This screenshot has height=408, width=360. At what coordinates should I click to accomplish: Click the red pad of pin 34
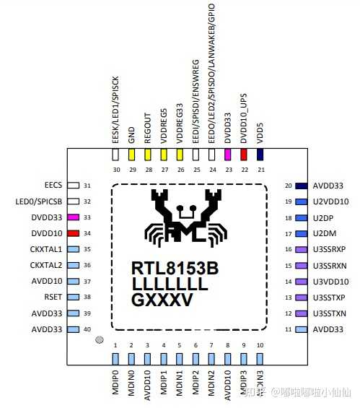74,233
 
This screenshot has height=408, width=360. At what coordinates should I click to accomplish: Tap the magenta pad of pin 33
74,217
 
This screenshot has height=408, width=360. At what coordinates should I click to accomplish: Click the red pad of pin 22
244,154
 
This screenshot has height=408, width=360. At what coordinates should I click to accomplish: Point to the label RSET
53,297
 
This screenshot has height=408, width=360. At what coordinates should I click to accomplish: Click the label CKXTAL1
45,249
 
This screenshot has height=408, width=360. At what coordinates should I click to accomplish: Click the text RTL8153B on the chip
175,269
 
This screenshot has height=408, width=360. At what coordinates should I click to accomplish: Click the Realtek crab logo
185,216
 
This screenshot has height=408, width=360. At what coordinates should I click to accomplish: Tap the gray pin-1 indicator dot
100,339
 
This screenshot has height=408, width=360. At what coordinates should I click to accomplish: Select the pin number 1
115,346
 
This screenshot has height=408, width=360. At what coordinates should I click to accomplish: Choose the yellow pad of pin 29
132,154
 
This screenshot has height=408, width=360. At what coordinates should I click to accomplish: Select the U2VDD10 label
331,201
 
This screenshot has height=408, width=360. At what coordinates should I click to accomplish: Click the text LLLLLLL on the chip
170,285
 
